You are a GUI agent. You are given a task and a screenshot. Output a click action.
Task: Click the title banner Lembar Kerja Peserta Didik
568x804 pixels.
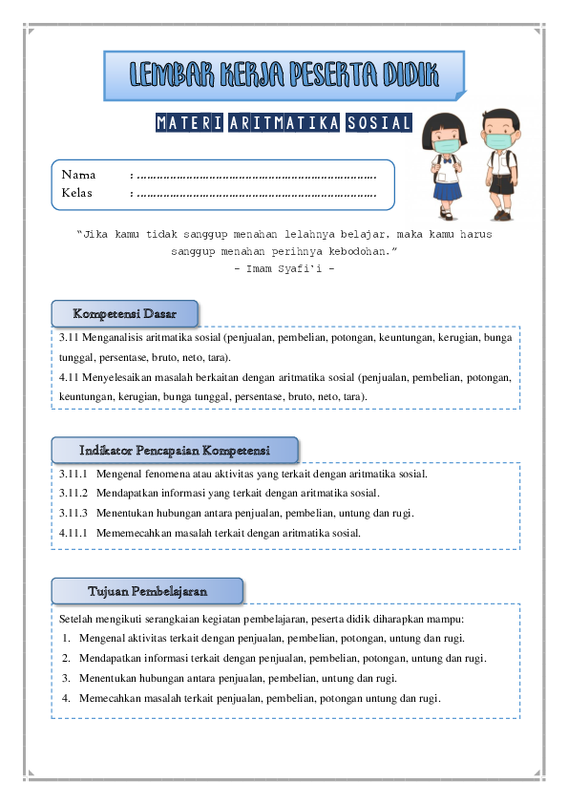284,74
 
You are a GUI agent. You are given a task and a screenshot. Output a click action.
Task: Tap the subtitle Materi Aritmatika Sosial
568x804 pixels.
283,124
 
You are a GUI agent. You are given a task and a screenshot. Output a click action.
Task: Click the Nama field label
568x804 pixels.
78,175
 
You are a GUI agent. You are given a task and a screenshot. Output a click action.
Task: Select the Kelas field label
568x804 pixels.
77,193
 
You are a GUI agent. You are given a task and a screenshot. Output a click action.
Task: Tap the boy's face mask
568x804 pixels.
496,141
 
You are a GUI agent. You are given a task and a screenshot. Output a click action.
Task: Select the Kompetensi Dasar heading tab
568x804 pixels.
125,313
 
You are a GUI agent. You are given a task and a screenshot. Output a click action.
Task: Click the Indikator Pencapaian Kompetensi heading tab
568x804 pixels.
175,450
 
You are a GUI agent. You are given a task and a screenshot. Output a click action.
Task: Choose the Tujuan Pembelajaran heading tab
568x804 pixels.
147,591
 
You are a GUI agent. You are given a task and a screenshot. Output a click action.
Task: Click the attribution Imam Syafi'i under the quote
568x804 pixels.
284,267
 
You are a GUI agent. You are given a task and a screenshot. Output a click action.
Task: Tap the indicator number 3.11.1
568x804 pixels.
73,474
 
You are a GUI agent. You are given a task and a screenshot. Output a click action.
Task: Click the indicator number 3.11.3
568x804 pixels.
73,514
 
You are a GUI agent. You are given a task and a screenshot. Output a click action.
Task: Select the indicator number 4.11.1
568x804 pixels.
73,533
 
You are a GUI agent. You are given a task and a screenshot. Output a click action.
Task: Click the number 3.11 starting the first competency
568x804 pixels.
69,337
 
